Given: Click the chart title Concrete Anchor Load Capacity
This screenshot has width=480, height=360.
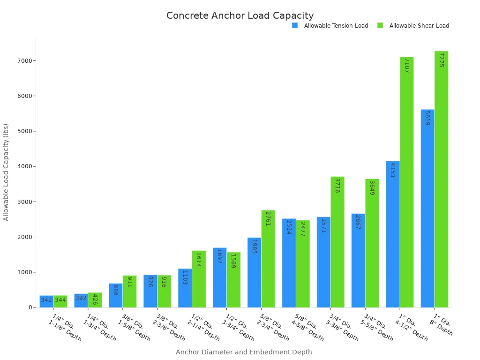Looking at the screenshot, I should pos(240,15).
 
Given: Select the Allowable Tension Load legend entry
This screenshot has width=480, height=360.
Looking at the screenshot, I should pos(336,26).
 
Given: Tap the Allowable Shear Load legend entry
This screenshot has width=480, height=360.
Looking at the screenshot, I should pos(419,26).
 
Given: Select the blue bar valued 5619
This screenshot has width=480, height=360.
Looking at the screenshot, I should pos(427,209).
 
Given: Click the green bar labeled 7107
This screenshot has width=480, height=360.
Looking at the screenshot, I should pos(406,182).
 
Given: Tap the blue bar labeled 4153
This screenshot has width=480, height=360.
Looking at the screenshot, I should pos(393,234).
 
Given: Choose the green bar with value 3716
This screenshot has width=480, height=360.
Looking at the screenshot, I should pos(337,242).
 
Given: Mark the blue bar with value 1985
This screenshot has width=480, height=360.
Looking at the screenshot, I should pos(254,272).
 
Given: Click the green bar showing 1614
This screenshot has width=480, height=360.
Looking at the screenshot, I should pos(199,279).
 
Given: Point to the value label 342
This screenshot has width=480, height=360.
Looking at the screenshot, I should pos(46,300).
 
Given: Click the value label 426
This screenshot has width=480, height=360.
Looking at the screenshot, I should pos(95,300).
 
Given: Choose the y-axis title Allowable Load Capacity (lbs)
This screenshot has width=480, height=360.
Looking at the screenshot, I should pos(6,172).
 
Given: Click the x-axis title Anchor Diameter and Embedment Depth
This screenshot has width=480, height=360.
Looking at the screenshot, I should pos(244,352).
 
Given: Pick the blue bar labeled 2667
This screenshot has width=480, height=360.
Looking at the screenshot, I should pos(358,261).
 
